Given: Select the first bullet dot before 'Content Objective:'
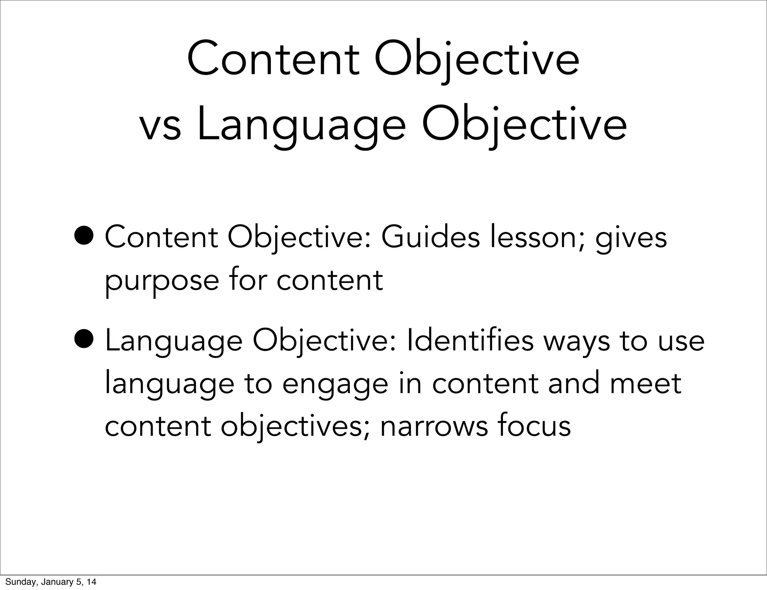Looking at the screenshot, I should (85, 237).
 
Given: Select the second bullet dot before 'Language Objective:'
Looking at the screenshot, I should (85, 340).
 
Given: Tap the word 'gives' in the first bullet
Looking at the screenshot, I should (631, 238).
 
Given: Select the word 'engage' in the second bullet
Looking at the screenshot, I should (335, 385).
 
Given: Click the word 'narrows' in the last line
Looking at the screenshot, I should (434, 427).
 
